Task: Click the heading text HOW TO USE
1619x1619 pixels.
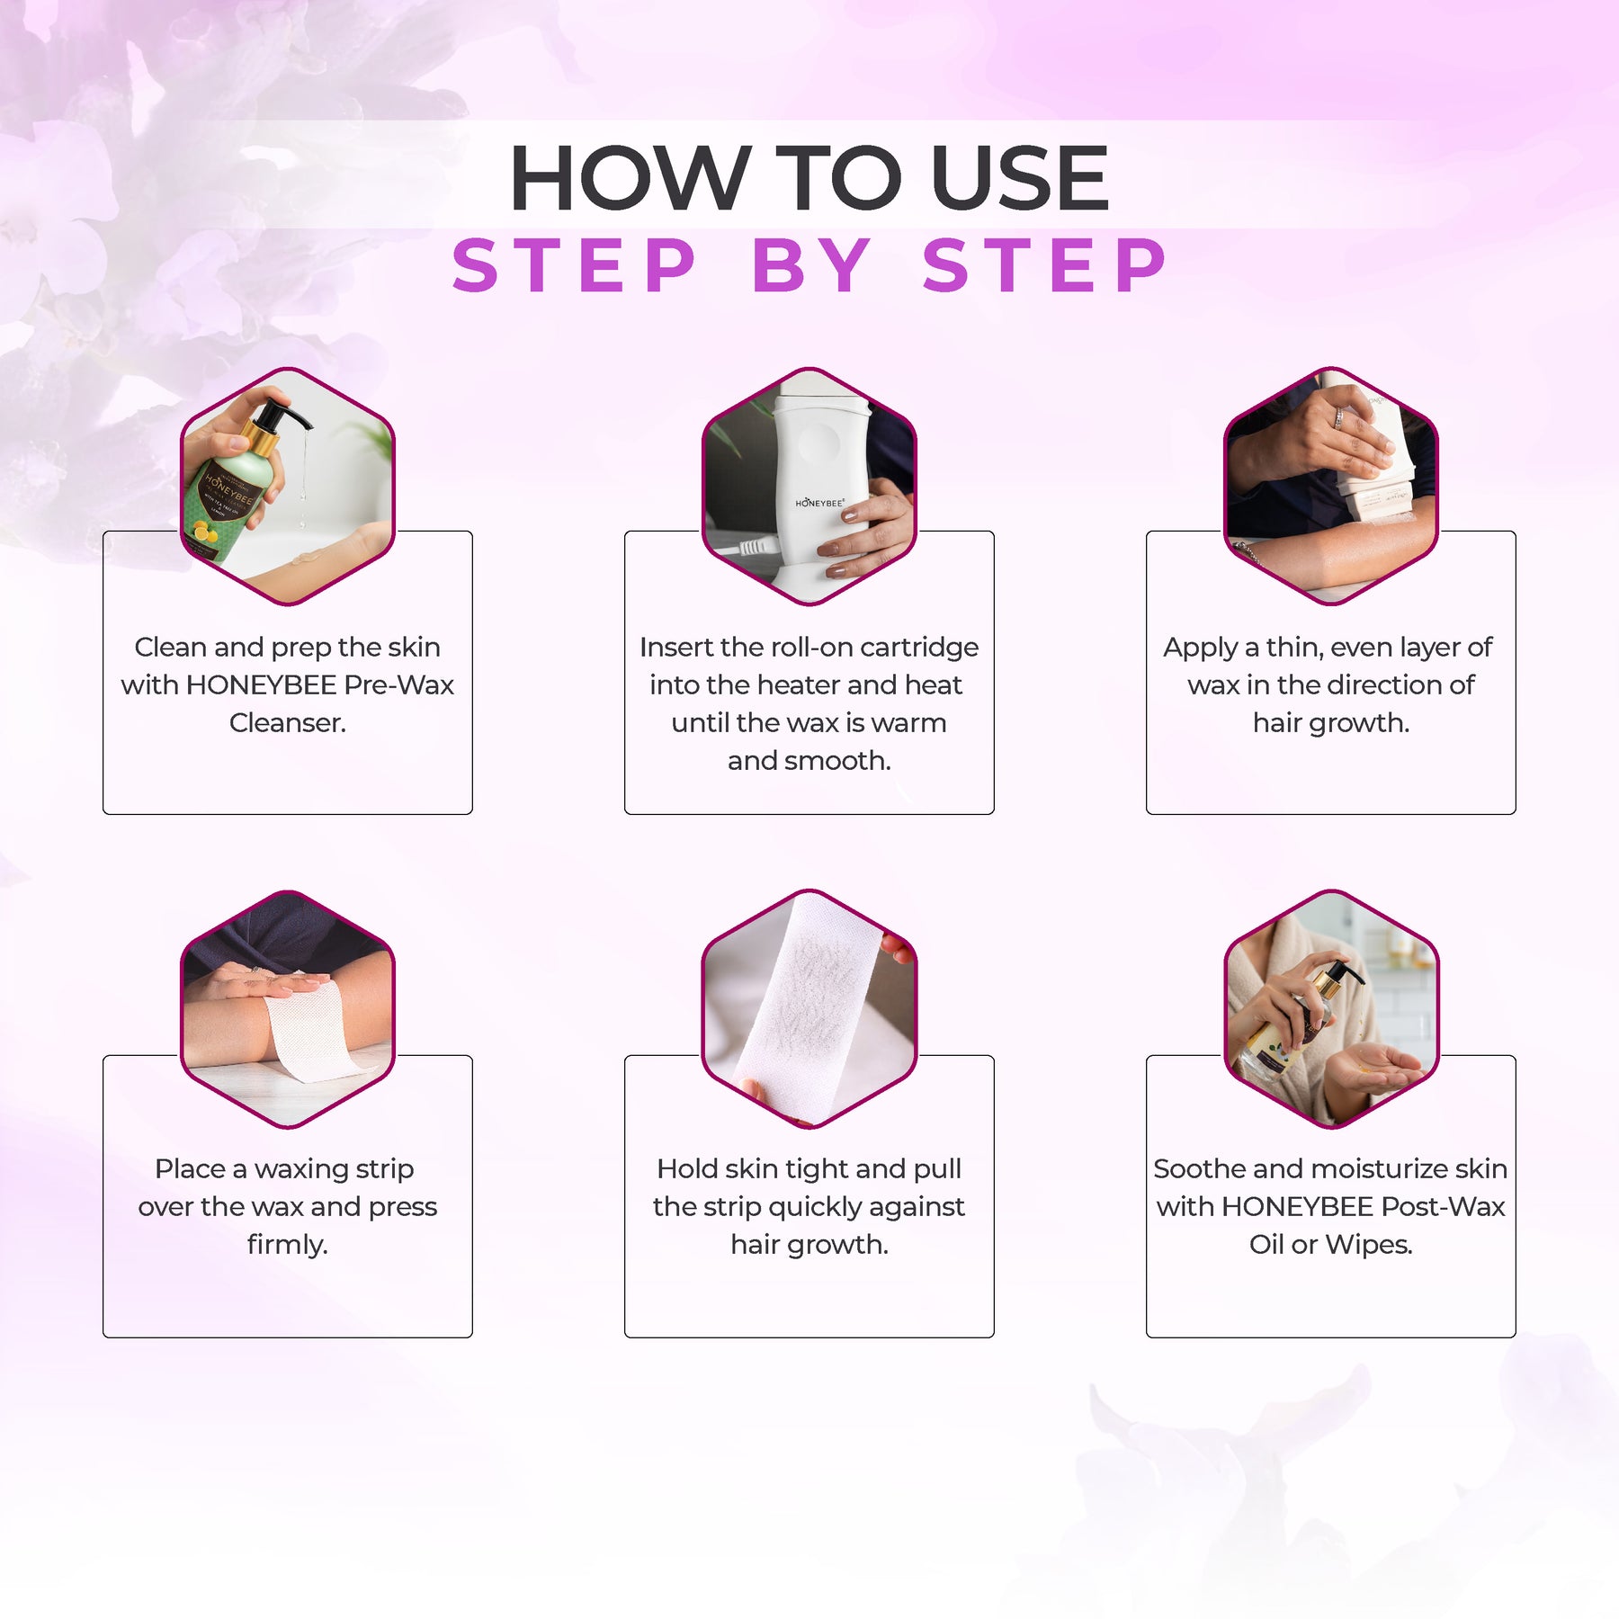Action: (809, 178)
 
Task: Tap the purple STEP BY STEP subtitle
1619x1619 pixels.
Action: (809, 265)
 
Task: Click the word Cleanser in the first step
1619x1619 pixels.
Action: (287, 722)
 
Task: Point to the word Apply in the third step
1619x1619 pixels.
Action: (1200, 648)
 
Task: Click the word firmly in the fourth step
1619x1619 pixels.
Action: (287, 1245)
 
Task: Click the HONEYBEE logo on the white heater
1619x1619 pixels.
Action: (819, 503)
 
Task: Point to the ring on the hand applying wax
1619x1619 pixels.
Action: (1339, 418)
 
